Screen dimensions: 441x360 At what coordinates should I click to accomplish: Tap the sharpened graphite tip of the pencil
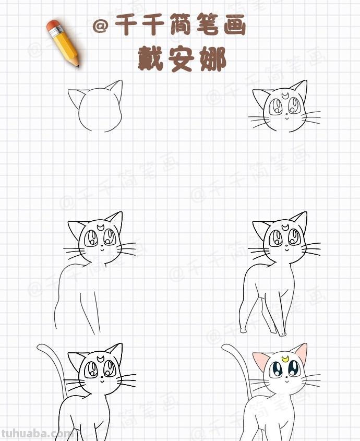[x=78, y=65]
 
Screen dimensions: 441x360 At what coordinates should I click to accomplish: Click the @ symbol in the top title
[x=101, y=26]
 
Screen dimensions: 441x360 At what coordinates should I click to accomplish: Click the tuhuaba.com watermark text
[x=37, y=433]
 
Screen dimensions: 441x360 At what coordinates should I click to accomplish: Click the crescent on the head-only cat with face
[x=285, y=96]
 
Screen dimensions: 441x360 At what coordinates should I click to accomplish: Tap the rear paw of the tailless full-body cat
[x=243, y=330]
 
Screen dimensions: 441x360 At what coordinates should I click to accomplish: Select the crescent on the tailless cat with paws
[x=285, y=227]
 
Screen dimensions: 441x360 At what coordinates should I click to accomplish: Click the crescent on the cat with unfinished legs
[x=100, y=227]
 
